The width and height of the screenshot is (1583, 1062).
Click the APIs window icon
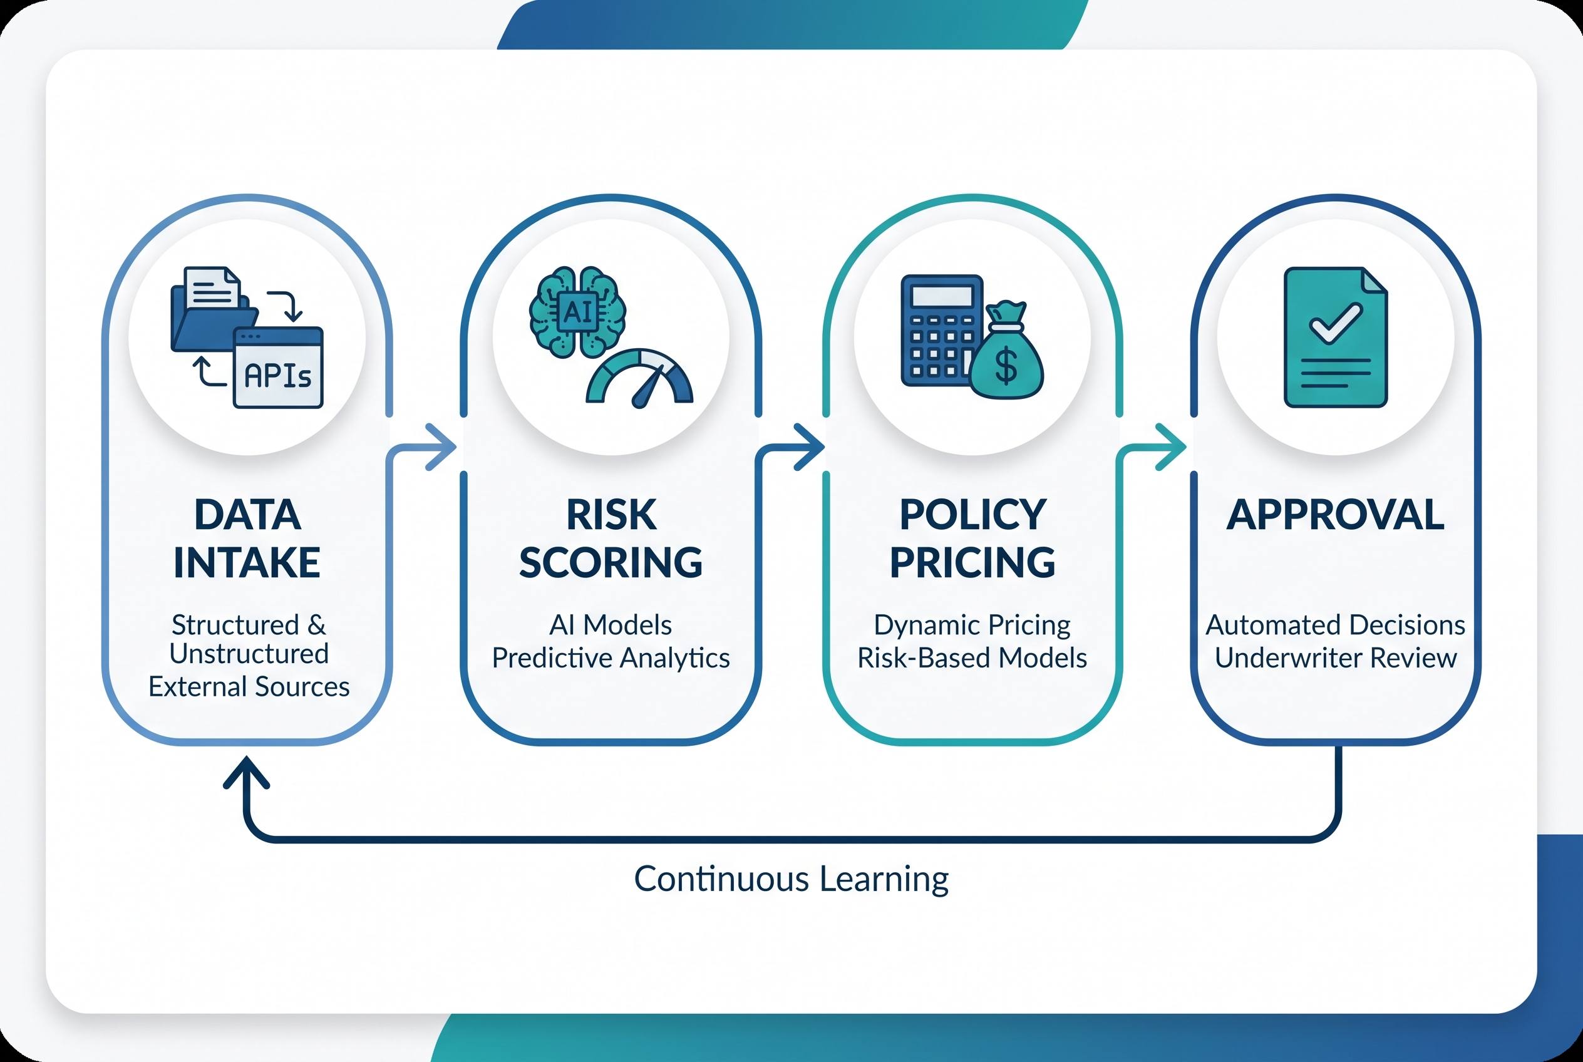tap(278, 368)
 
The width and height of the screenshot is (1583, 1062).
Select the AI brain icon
tap(578, 312)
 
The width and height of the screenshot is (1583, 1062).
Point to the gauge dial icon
tap(639, 378)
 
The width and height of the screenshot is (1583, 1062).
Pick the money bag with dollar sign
tap(1006, 350)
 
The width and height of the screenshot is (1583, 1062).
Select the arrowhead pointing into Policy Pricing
tap(809, 446)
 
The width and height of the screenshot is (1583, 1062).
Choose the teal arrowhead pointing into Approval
tap(1170, 446)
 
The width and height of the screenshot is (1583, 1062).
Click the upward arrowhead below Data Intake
tap(247, 773)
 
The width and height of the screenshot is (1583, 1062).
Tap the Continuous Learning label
tap(791, 879)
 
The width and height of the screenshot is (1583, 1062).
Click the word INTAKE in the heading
tap(247, 562)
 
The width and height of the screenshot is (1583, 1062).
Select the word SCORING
tap(611, 562)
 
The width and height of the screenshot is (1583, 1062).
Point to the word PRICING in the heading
tap(972, 562)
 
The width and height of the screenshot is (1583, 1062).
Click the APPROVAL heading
tap(1336, 515)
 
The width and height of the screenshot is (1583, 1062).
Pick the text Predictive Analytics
tap(611, 657)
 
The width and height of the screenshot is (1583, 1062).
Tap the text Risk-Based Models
tap(972, 657)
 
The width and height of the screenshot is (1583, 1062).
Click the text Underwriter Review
tap(1336, 657)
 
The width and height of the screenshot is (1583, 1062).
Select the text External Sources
tap(249, 687)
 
